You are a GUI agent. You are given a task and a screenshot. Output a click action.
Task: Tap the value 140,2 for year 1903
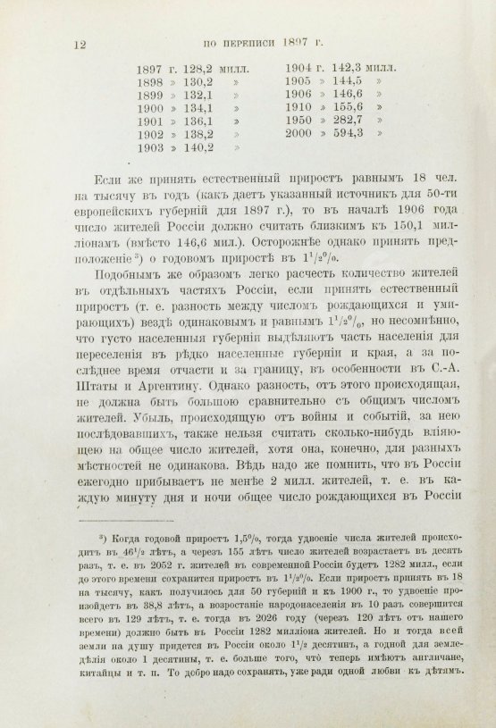pyautogui.click(x=199, y=149)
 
